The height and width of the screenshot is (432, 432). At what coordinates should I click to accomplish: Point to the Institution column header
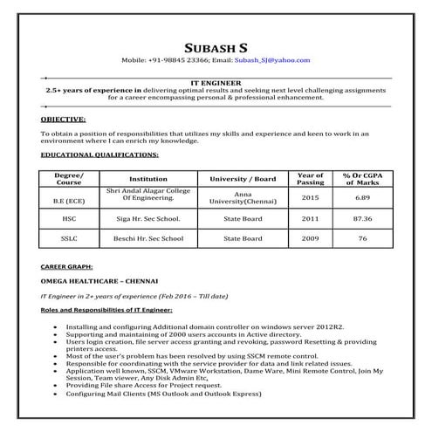tap(147, 178)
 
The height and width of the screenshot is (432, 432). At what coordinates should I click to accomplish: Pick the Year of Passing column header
tap(310, 178)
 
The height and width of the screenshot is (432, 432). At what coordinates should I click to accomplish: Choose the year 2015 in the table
tap(310, 198)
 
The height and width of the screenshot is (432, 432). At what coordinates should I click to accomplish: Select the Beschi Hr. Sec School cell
tap(147, 238)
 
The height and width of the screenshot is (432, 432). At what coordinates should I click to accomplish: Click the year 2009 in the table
tap(310, 238)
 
